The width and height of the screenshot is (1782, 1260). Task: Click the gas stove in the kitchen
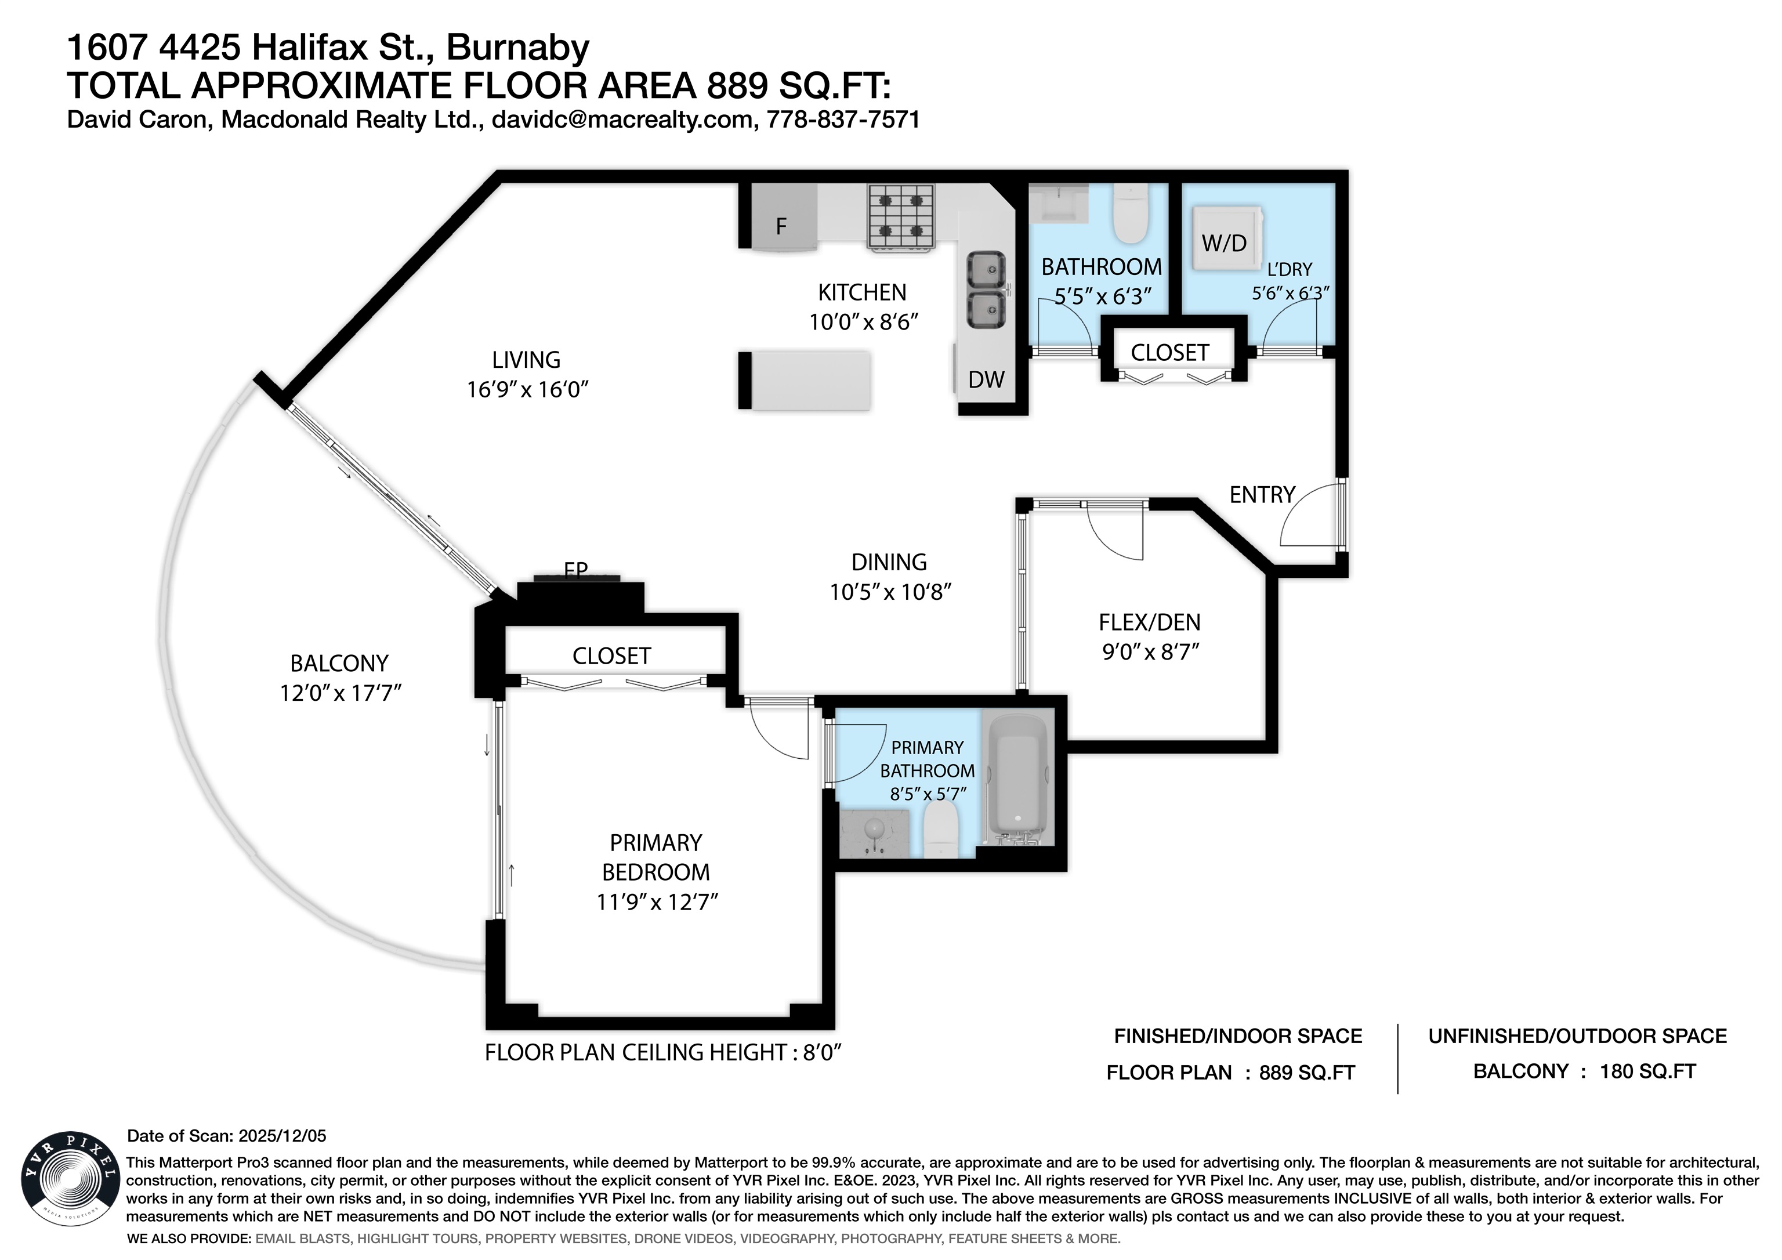(900, 218)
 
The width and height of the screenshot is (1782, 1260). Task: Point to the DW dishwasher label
(987, 379)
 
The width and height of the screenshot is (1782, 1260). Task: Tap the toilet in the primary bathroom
(942, 829)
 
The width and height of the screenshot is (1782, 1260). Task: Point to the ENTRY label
(1262, 494)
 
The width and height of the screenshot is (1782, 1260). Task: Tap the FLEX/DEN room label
(1150, 622)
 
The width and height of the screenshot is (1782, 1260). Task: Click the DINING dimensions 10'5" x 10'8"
(890, 592)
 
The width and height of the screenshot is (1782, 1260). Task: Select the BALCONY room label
(339, 663)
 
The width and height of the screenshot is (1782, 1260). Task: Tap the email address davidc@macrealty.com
(623, 120)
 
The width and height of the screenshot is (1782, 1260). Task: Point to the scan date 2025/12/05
(282, 1136)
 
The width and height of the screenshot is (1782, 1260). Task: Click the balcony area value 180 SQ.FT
(1648, 1071)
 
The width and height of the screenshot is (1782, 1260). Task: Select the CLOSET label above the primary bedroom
(611, 656)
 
